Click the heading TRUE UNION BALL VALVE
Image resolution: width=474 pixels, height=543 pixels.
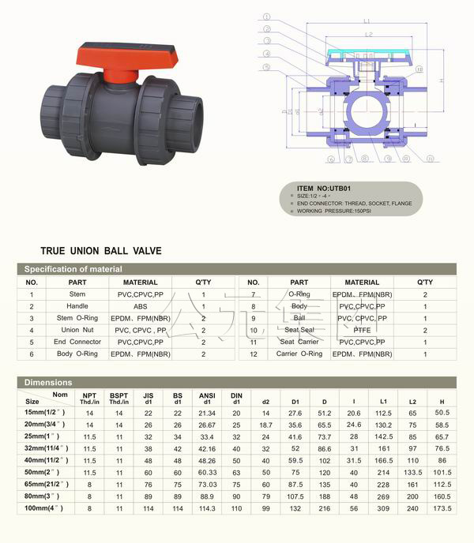[x=100, y=251]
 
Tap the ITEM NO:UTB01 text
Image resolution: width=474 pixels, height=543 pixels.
[x=324, y=189]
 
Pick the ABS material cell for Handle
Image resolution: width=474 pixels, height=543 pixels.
[x=139, y=306]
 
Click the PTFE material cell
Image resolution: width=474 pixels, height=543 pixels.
[x=361, y=330]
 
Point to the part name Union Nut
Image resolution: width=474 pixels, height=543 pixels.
[x=77, y=330]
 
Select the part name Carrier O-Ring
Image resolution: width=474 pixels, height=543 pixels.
[x=299, y=354]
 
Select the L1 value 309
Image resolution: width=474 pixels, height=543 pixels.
[x=383, y=509]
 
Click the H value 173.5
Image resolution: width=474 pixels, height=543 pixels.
[x=442, y=509]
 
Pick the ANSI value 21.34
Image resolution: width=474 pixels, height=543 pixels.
[x=206, y=413]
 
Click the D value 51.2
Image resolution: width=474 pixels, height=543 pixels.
[x=324, y=413]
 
